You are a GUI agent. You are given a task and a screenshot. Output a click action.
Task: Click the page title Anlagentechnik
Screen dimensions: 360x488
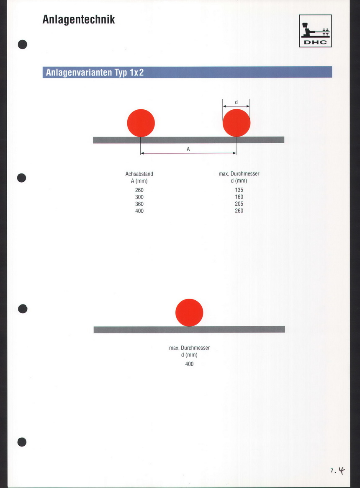(x=78, y=20)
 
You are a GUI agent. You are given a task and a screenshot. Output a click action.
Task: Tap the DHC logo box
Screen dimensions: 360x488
(x=315, y=31)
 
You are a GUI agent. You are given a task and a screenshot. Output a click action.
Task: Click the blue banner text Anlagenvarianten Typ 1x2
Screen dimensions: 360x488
(x=95, y=72)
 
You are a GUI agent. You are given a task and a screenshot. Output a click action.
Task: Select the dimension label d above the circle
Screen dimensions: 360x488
(x=236, y=102)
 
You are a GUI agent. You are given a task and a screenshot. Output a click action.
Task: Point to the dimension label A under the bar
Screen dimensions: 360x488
(x=188, y=150)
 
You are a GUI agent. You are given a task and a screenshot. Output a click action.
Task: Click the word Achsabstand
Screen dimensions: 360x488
(x=139, y=174)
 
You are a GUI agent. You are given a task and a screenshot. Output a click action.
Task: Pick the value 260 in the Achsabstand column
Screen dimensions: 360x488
(x=139, y=190)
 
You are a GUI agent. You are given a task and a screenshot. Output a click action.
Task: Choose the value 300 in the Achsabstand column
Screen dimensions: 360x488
(x=139, y=197)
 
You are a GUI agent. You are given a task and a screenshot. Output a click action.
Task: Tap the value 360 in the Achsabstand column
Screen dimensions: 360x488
(x=139, y=204)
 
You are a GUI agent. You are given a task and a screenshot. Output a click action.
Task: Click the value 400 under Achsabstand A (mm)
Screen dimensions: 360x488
(x=139, y=211)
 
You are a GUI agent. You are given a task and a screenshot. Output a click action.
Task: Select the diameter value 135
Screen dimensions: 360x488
(x=239, y=190)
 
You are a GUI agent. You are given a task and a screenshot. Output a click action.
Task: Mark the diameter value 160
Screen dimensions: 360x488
(x=239, y=197)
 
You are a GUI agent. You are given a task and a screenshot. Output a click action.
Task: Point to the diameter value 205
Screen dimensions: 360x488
(x=239, y=204)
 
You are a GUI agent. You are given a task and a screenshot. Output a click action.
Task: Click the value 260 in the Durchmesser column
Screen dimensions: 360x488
(x=239, y=211)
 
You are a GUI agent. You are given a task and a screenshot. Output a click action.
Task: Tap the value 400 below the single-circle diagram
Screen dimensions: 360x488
(x=189, y=364)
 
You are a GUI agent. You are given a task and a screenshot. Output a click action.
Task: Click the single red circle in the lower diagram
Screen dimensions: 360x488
(x=189, y=312)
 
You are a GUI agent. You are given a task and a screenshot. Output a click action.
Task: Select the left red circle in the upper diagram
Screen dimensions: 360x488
(x=141, y=123)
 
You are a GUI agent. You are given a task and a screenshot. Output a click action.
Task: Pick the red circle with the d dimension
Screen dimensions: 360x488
(x=237, y=123)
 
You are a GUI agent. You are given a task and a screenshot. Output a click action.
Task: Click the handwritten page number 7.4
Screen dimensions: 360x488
(x=337, y=470)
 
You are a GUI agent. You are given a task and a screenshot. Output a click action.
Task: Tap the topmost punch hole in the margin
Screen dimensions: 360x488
(x=23, y=44)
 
